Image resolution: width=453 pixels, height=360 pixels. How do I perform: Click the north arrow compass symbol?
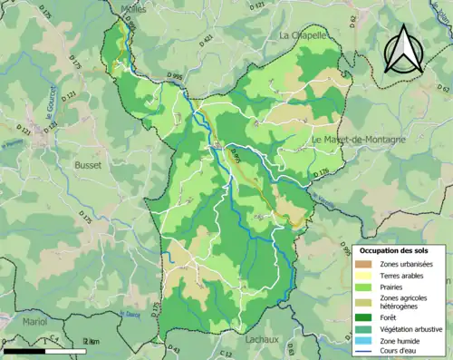[402, 50]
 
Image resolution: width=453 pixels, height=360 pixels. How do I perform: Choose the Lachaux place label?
[264, 339]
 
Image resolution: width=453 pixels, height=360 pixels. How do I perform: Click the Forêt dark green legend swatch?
[367, 316]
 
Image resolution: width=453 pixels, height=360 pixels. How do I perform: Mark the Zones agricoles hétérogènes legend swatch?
[367, 302]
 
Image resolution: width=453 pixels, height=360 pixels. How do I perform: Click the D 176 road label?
[319, 172]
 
